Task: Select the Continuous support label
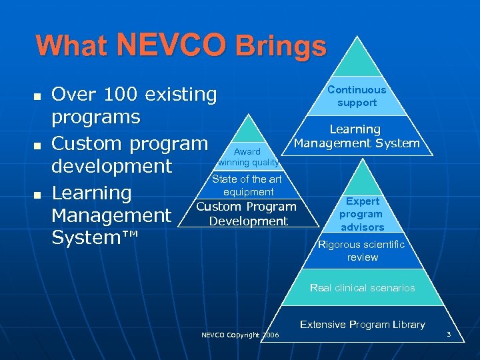pos(357,96)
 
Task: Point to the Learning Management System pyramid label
pos(357,136)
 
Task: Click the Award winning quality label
pos(248,157)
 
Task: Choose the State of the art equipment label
pos(247,185)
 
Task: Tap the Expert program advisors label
pos(361,214)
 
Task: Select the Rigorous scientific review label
pos(362,251)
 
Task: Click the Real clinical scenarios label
pos(362,288)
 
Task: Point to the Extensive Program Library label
pos(362,325)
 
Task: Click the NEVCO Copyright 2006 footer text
pos(240,335)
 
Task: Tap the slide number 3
pos(449,333)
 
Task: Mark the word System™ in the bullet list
pos(93,238)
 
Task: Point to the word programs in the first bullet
pos(96,117)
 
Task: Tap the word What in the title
pos(72,46)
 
